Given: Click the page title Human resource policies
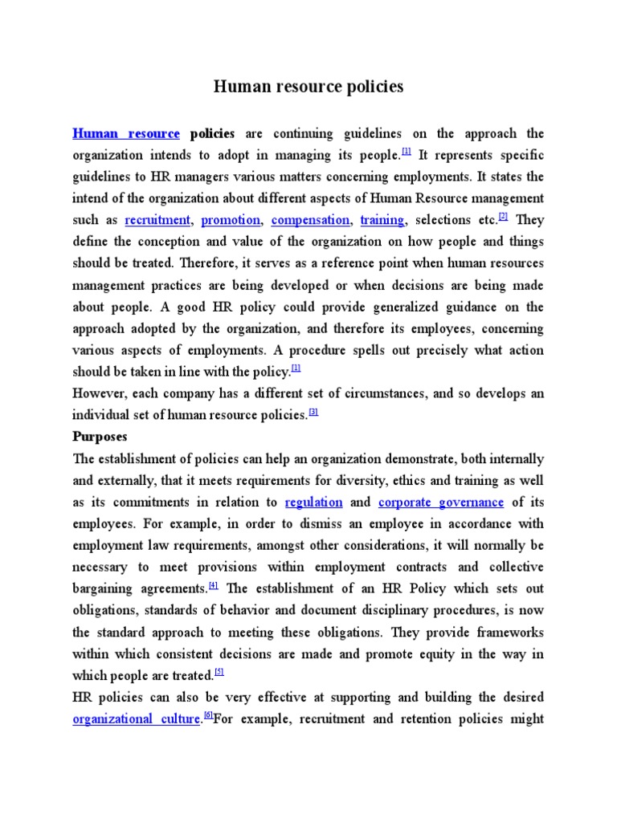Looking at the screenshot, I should point(308,87).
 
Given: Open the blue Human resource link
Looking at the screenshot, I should point(126,134).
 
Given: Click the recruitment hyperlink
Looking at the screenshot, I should point(157,220).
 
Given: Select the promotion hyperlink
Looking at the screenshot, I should point(231,220).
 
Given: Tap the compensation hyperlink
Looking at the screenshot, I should point(310,220).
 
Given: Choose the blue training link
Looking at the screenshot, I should point(382,220).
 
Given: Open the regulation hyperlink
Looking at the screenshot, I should point(313,503).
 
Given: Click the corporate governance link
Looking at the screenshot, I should point(441,503).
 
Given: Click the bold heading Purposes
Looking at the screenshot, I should point(100,437).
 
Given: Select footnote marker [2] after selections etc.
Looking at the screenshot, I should point(504,217).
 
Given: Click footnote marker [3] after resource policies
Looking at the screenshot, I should point(314,412).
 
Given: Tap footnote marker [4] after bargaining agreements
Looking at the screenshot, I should point(213,585).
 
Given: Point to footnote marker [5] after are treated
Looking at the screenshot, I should point(219,672).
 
